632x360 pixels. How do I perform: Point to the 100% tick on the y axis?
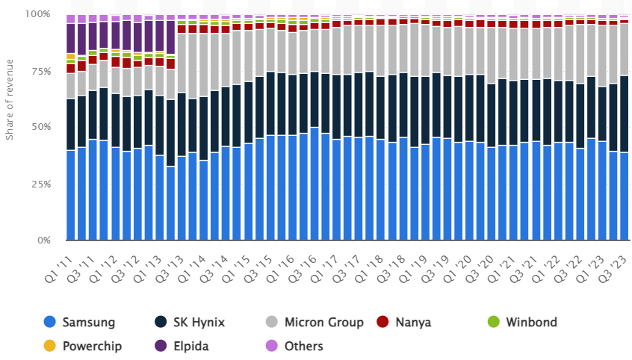tap(37, 14)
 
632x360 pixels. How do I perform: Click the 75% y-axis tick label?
tap(40, 71)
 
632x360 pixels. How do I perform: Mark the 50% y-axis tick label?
tap(40, 127)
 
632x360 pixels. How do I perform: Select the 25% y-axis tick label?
tap(40, 184)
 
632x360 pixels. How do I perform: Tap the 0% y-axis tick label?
tap(43, 240)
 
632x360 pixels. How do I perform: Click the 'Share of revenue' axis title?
tap(10, 101)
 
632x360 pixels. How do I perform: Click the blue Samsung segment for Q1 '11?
tap(71, 195)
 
